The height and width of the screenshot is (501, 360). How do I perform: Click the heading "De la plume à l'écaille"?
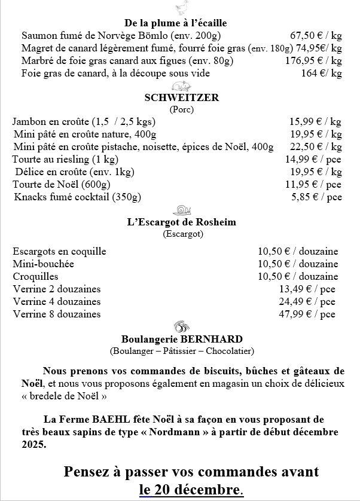[176, 23]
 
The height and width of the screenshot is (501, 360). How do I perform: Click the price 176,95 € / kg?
[313, 60]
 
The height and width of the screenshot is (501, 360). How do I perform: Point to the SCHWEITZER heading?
[182, 98]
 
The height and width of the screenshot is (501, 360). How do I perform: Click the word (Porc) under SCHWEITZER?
[182, 109]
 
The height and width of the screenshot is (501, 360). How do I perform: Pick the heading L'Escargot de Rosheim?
[182, 222]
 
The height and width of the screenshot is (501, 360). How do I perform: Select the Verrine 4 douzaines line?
[57, 301]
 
